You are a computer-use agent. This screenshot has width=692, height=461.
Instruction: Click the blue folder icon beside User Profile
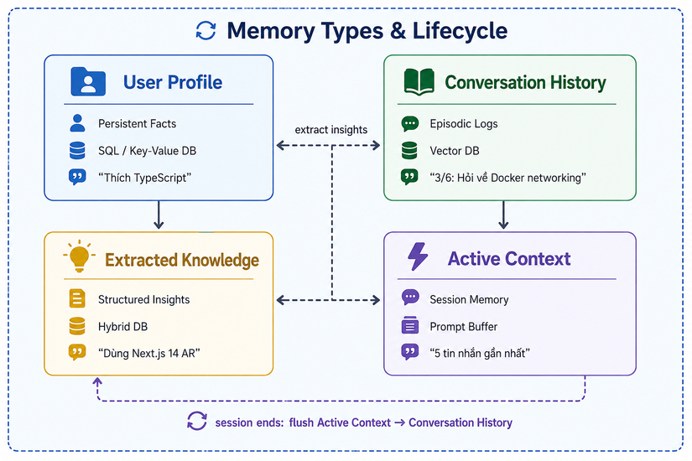[88, 81]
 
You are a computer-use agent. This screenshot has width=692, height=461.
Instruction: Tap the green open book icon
[419, 82]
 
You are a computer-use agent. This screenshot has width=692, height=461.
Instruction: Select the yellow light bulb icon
[80, 256]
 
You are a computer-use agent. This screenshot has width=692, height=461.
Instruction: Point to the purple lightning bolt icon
[418, 256]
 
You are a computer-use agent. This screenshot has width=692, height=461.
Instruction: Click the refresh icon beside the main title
[206, 31]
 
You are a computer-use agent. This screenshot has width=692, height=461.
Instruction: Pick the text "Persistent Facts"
[138, 124]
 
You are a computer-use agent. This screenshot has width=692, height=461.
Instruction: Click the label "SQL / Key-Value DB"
[147, 151]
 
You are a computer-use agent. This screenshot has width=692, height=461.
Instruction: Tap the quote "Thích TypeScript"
[145, 178]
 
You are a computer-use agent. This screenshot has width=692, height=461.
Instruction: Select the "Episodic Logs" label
[464, 124]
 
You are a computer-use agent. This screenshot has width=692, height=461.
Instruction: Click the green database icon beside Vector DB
[409, 150]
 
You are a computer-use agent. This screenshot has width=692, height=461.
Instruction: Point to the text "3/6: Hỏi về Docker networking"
[508, 178]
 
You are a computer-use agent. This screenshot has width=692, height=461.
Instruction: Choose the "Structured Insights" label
[144, 299]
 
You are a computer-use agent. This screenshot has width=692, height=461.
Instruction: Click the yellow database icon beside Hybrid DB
[77, 326]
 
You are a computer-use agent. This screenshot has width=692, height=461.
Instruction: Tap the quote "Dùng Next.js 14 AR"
[149, 354]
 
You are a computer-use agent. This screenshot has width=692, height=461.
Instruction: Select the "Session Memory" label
[469, 299]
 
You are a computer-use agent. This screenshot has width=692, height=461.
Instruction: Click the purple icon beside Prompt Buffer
[410, 325]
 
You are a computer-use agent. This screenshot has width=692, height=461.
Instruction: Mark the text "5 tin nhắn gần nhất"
[480, 354]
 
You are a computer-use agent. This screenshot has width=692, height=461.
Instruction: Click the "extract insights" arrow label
[331, 130]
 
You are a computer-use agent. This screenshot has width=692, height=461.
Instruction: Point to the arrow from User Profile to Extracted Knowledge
[159, 215]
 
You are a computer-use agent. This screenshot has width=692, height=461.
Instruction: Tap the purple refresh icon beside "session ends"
[197, 421]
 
